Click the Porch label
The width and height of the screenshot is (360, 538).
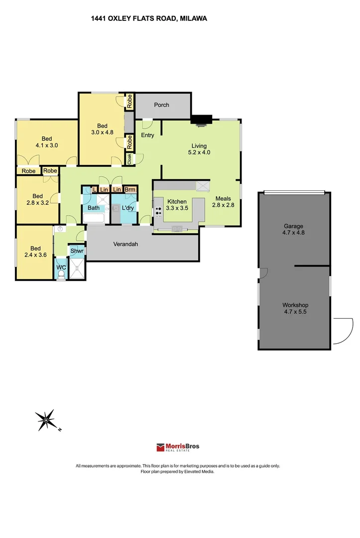(161, 105)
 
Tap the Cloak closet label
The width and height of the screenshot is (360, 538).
(129, 159)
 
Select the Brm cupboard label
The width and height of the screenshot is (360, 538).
(130, 189)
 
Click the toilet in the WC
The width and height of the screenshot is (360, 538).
(61, 274)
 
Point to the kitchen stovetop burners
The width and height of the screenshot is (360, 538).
(158, 211)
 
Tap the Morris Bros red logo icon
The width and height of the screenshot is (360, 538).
(160, 447)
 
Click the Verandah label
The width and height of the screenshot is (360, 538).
(125, 244)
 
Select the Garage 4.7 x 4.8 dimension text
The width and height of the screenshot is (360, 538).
(293, 233)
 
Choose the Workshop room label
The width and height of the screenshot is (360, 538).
(295, 305)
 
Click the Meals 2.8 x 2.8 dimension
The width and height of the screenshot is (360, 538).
(223, 205)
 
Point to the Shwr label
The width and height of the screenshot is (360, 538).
(77, 251)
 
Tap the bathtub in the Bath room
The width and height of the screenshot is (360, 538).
(94, 218)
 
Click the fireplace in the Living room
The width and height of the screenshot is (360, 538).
(202, 121)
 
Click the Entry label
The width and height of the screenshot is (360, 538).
(147, 135)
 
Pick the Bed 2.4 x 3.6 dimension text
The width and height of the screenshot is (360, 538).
(36, 255)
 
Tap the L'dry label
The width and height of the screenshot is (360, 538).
(128, 208)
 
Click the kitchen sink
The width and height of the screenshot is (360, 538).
(177, 229)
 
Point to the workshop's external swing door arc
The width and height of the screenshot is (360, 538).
(349, 335)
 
